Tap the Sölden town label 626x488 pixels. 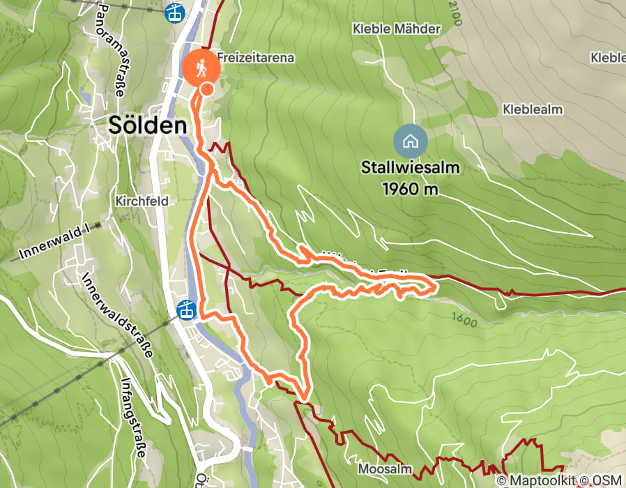point(148,125)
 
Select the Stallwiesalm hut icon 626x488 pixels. point(411,142)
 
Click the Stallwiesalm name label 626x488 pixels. point(411,168)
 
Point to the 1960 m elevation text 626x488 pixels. point(411,188)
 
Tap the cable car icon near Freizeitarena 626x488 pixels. point(174,12)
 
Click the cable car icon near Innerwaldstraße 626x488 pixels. point(187,310)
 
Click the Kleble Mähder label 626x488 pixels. point(397,29)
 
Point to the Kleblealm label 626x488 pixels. point(532,109)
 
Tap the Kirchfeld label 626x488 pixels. point(143,201)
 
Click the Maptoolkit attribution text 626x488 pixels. point(541,480)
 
